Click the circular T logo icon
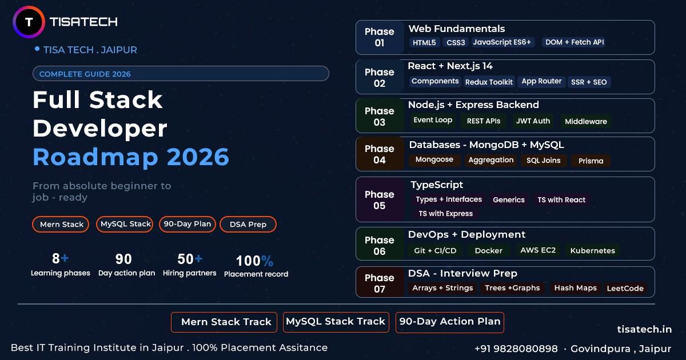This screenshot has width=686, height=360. click(x=28, y=22)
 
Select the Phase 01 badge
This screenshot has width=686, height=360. click(x=380, y=37)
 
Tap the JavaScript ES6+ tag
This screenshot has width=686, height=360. click(x=502, y=42)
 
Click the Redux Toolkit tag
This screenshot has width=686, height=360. click(x=489, y=82)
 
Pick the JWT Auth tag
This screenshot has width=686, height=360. click(x=533, y=121)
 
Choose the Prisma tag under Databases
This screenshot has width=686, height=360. click(x=591, y=161)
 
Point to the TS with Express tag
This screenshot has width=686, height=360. click(x=445, y=214)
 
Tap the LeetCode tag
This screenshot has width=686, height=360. click(x=625, y=289)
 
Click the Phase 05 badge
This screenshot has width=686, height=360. click(x=380, y=200)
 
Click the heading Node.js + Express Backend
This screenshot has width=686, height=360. click(x=473, y=105)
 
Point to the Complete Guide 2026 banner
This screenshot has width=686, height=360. click(x=181, y=74)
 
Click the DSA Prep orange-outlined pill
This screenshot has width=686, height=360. click(x=248, y=225)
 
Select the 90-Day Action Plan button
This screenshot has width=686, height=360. click(x=450, y=322)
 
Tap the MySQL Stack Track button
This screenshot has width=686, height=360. click(x=336, y=322)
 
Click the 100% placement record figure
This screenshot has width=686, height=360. click(x=255, y=261)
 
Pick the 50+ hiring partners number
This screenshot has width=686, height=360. click(x=190, y=259)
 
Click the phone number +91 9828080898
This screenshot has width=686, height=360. click(x=516, y=349)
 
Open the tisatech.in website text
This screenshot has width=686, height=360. click(x=644, y=329)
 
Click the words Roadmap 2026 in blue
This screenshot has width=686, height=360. click(x=131, y=157)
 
